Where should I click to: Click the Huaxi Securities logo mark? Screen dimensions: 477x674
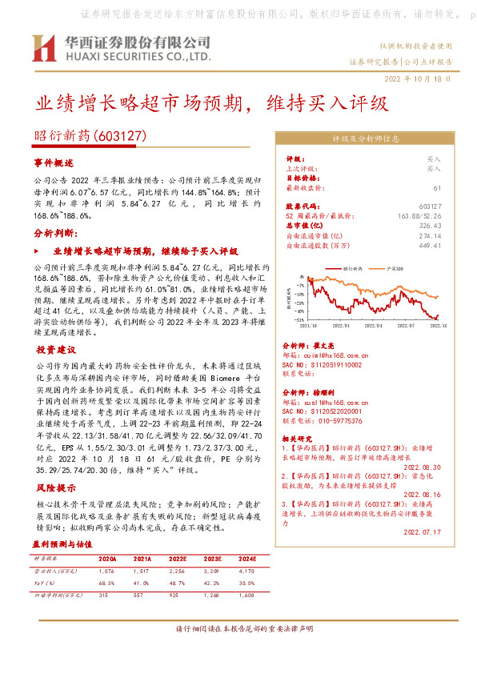click(43, 49)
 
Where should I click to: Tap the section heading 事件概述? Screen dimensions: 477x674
click(54, 162)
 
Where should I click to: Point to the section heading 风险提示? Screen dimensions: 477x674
click(54, 487)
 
